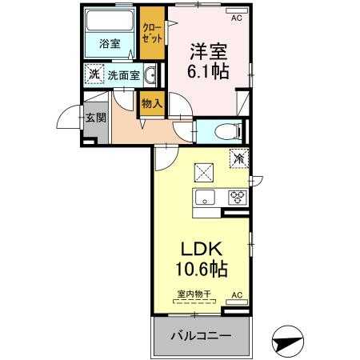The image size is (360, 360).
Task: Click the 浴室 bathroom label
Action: click(x=110, y=45)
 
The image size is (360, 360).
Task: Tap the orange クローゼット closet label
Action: click(x=151, y=34)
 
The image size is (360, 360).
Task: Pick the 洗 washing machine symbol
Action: click(x=95, y=75)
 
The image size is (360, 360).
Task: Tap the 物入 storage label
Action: click(x=151, y=102)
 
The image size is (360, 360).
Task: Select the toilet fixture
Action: click(x=225, y=129)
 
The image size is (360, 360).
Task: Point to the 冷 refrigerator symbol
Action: click(x=238, y=158)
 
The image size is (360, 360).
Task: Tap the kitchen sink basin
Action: click(x=202, y=198)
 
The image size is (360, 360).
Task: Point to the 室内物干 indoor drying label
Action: click(x=194, y=294)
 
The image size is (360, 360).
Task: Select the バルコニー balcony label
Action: click(x=199, y=336)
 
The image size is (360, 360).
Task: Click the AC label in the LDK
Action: click(x=236, y=295)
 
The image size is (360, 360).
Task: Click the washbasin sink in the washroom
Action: click(x=151, y=76)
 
